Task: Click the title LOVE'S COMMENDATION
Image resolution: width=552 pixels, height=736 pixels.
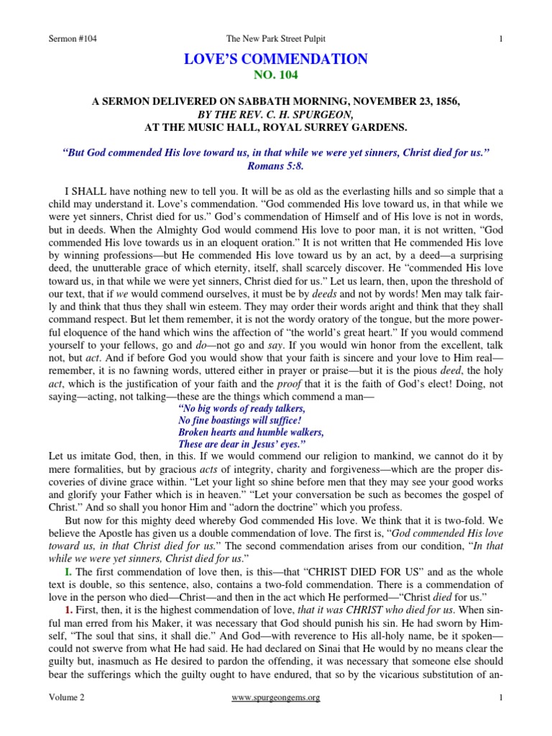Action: coord(276,60)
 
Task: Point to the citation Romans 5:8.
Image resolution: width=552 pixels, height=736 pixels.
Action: coord(276,165)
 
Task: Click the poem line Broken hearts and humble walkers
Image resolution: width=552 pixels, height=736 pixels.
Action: coord(250,433)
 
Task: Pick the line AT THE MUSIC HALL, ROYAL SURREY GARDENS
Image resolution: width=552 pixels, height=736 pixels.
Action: coord(275,128)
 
